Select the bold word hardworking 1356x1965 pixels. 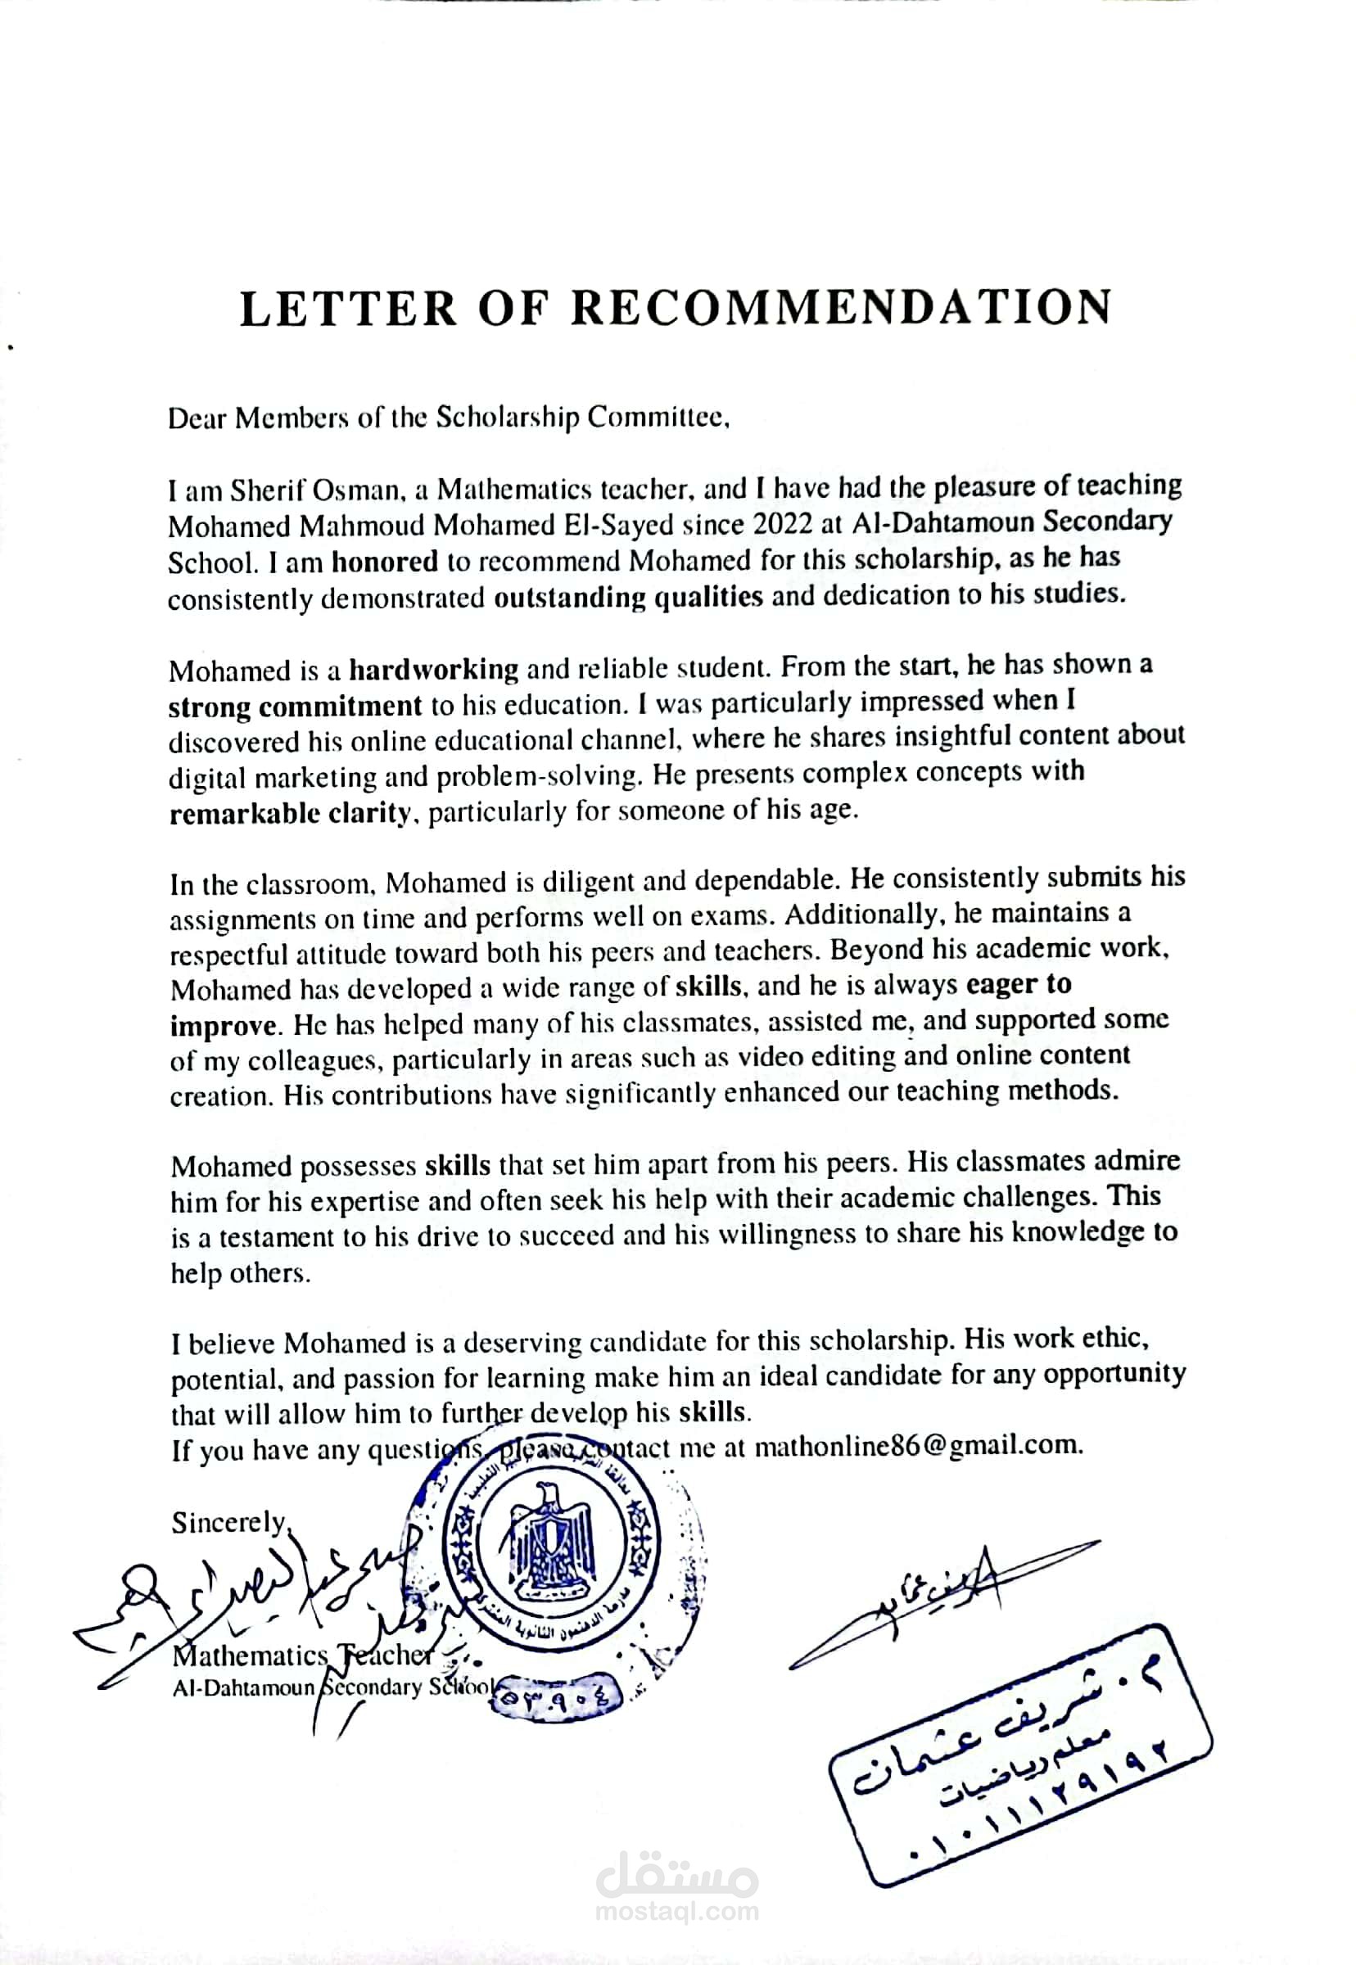point(433,671)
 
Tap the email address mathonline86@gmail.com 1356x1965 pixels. point(919,1445)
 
